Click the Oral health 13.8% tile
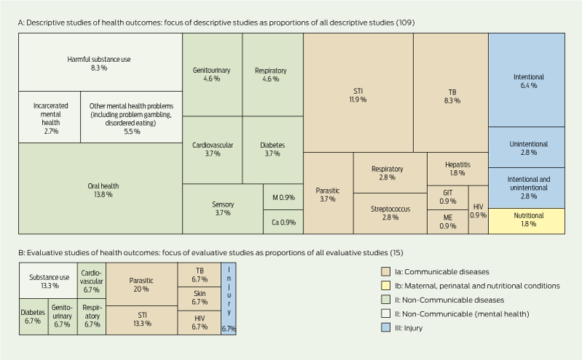click(100, 189)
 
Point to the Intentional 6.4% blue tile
click(528, 80)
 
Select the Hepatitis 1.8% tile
click(457, 169)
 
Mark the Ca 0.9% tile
click(283, 222)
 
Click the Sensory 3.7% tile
click(223, 209)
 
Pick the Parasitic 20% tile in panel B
click(142, 284)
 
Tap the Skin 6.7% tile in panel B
click(199, 297)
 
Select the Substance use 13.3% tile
click(48, 281)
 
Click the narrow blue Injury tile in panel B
click(228, 298)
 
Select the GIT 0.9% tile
click(447, 196)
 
